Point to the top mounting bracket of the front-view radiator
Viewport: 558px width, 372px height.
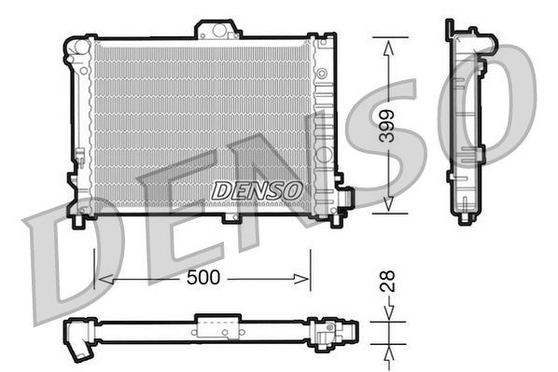[x=217, y=30]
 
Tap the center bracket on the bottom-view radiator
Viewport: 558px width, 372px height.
[x=216, y=329]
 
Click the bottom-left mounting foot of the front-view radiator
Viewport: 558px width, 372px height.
[x=79, y=220]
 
